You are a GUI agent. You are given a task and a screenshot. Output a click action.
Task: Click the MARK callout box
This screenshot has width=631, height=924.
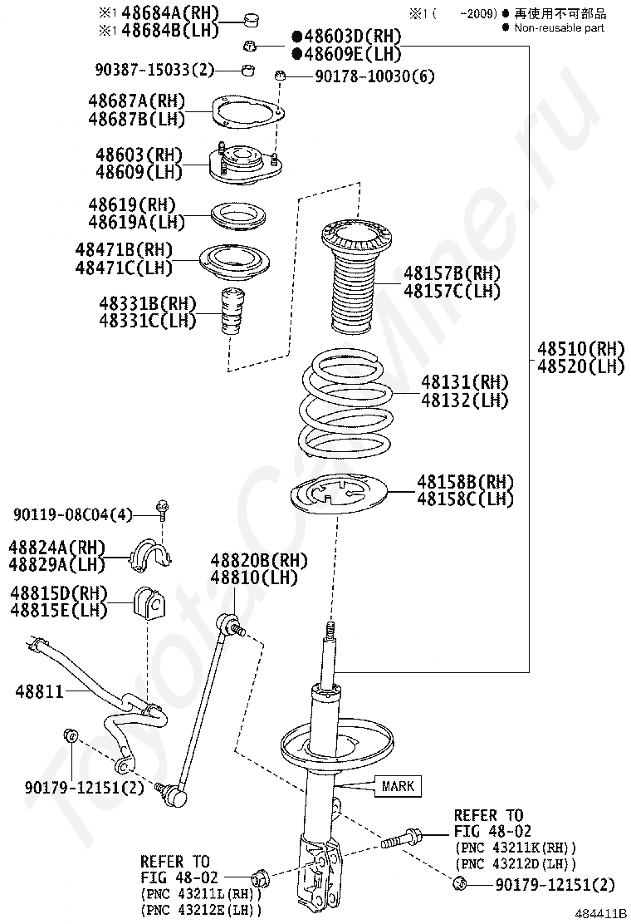click(398, 785)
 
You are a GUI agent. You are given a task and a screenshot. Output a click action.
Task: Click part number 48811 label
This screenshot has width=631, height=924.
click(40, 691)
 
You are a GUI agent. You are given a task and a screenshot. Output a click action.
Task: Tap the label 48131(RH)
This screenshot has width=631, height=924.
click(464, 382)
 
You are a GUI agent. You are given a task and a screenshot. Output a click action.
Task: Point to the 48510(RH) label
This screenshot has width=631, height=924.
click(580, 348)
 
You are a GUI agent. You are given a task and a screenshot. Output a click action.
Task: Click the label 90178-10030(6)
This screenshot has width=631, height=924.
click(375, 76)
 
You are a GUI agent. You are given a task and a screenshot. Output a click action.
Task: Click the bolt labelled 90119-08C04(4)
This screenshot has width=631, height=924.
click(160, 509)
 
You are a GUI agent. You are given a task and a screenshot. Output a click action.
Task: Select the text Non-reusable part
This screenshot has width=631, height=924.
click(559, 27)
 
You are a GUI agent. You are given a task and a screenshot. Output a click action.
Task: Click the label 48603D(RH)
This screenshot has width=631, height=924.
click(347, 37)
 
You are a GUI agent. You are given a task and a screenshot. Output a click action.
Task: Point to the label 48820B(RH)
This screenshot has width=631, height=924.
click(259, 560)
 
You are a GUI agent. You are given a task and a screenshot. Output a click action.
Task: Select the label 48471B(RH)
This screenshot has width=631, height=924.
click(125, 250)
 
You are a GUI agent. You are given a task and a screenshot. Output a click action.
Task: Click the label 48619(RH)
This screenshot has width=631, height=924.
click(133, 204)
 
